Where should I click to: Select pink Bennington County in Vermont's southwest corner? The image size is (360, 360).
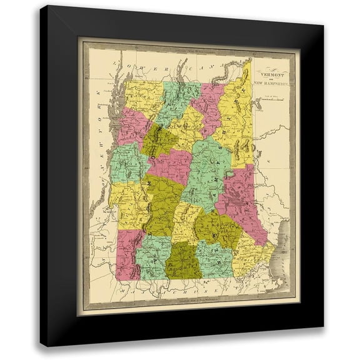tap(128, 253)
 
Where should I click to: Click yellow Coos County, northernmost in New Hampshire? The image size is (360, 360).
tap(238, 119)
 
